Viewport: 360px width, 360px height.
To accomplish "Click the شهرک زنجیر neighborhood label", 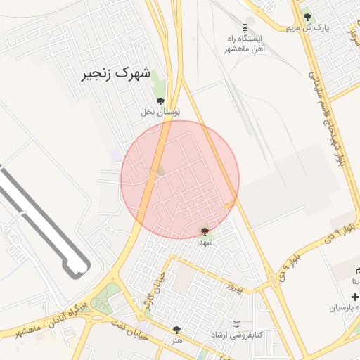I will click(x=117, y=72).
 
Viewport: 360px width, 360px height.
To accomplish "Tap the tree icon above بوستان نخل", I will click(x=161, y=101).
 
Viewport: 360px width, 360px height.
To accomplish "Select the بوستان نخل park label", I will click(x=161, y=112).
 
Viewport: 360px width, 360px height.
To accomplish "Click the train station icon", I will click(x=245, y=27).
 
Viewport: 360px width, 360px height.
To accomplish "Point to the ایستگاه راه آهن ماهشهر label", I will click(x=243, y=44).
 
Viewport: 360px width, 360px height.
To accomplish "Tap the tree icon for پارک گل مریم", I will click(x=307, y=17).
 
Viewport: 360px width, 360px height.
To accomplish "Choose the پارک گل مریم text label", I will click(x=307, y=27).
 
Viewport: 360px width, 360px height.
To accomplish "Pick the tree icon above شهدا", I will click(x=205, y=231).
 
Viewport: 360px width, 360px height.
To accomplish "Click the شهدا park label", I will click(x=205, y=241).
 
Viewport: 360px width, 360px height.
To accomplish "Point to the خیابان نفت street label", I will click(x=131, y=330).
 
